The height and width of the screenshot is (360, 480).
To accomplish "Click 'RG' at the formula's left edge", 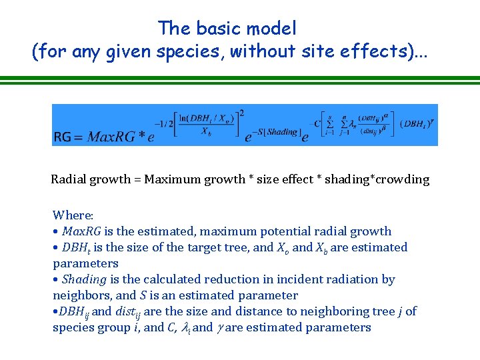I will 62,137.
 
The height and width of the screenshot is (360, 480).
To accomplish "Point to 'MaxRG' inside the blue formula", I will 110,137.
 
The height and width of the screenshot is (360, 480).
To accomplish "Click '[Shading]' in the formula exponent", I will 281,131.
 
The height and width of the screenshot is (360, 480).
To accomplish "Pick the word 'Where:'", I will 73,215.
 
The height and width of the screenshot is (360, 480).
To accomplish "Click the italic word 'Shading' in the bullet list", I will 85,279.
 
